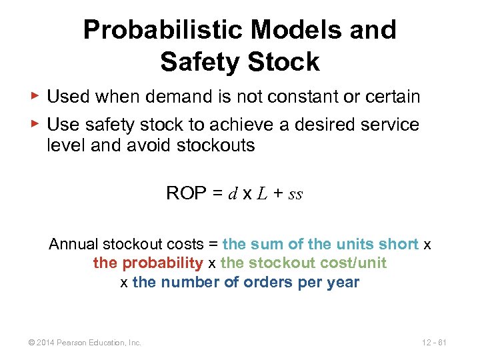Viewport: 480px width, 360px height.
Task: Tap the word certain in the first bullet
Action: pyautogui.click(x=393, y=97)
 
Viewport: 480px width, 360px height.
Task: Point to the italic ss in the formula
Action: pyautogui.click(x=296, y=195)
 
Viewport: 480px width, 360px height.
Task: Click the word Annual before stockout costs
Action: pyautogui.click(x=73, y=245)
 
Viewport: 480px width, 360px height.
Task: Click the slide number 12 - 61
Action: pyautogui.click(x=433, y=343)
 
